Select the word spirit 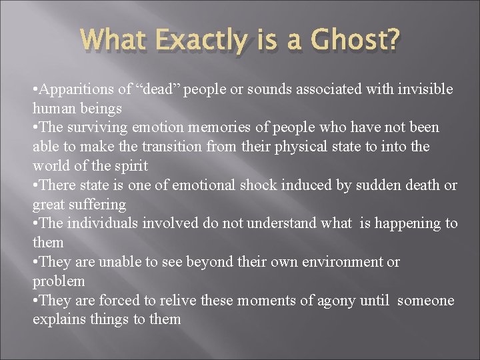127,165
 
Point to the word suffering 100,203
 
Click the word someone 425,300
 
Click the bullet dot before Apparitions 35,89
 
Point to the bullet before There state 35,185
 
